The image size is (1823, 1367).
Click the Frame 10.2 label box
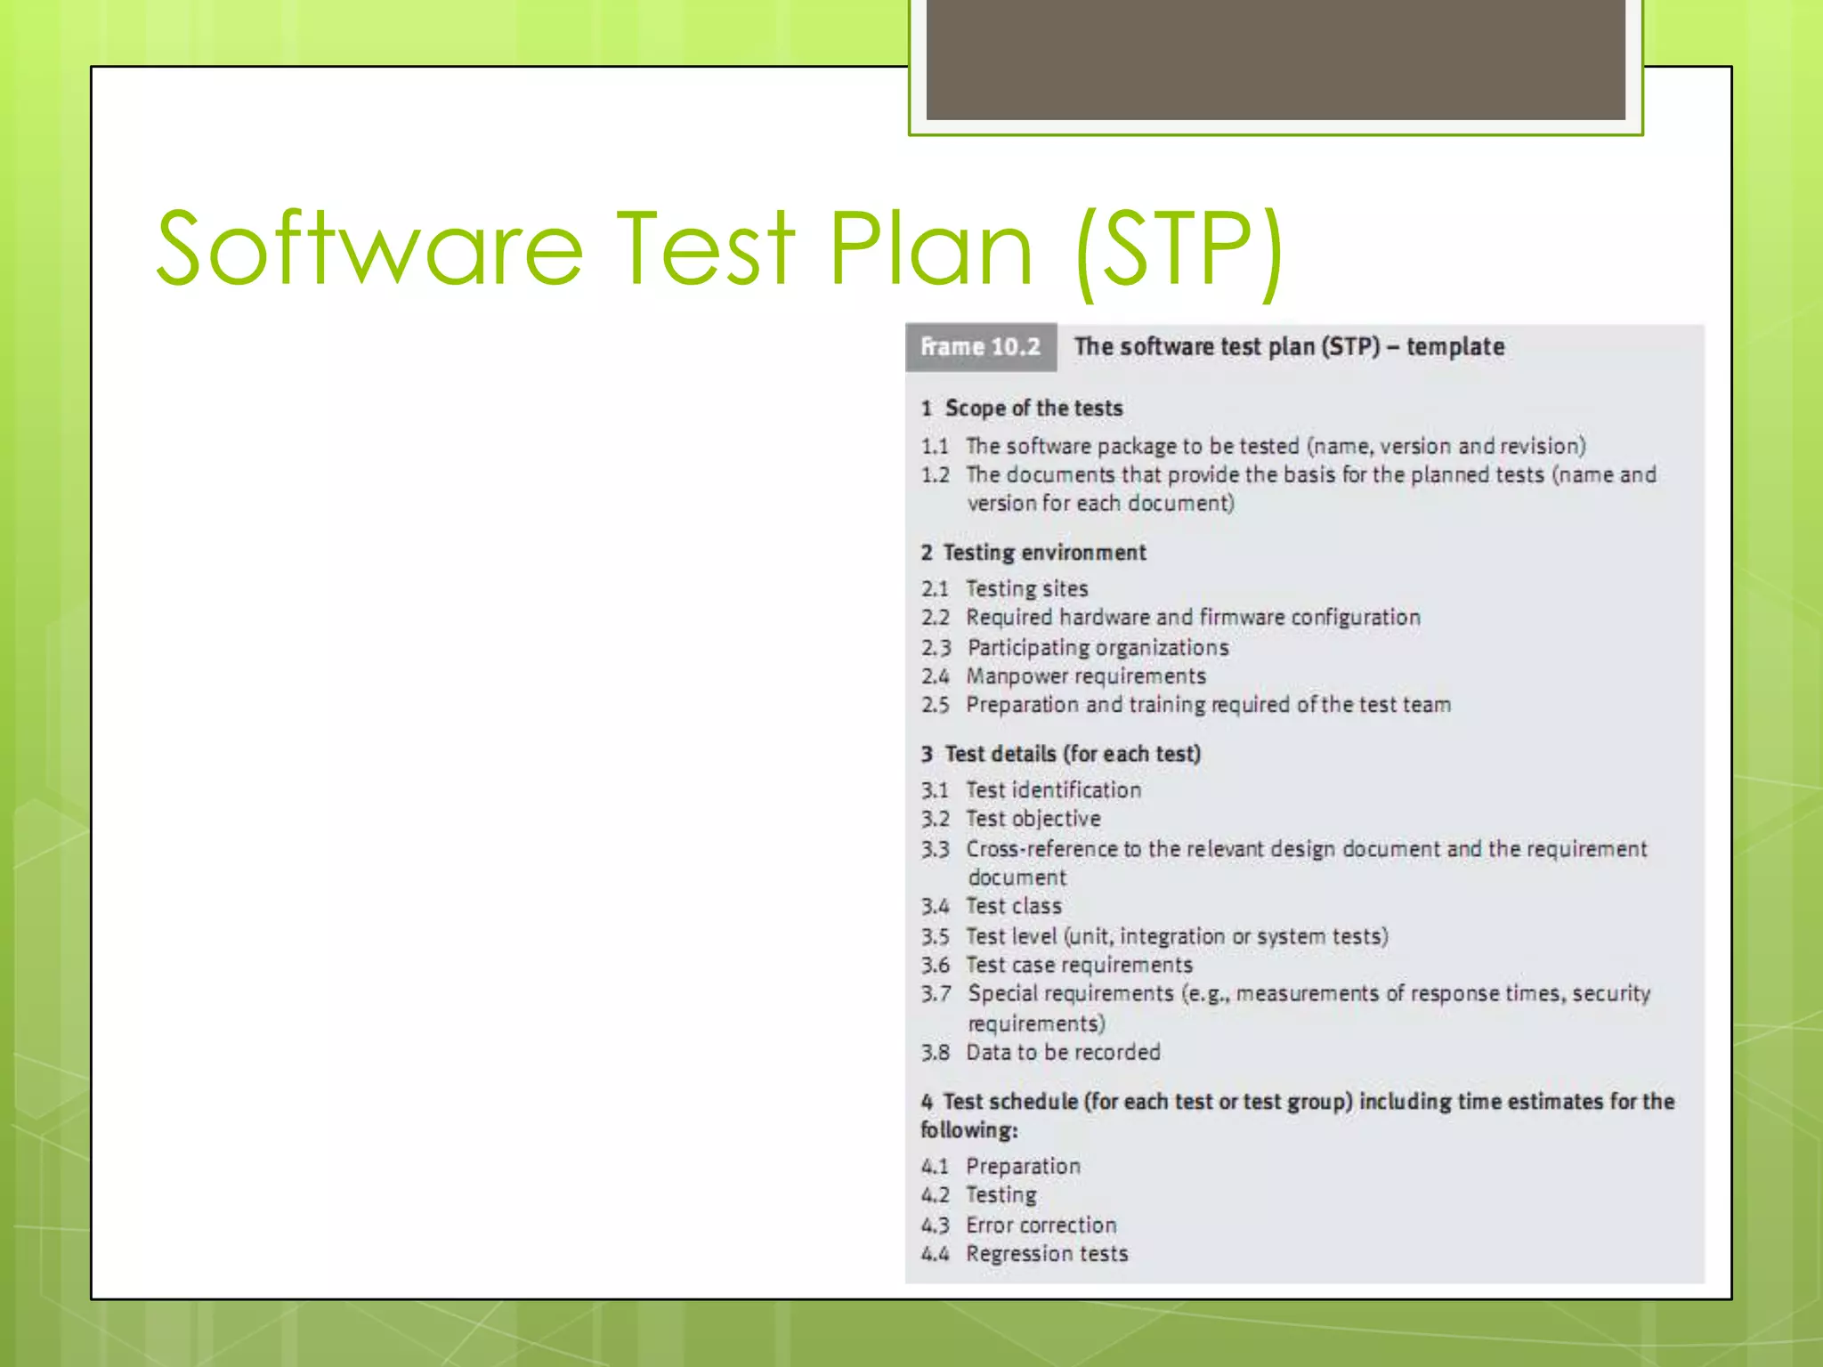pos(980,347)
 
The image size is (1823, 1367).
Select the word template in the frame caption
pos(1455,347)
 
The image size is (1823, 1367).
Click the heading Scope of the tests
pos(1033,408)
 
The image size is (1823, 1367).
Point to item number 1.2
pos(935,475)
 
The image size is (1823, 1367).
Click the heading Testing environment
pos(1044,553)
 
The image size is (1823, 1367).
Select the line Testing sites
pos(1026,589)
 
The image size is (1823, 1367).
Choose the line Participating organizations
pos(1098,648)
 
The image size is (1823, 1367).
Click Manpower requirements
pos(1086,676)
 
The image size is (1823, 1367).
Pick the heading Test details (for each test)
pos(1072,755)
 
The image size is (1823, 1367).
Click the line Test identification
pos(1053,790)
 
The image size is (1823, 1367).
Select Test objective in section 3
pos(1033,819)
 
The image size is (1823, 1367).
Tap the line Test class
pos(1014,907)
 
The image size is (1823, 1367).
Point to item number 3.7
pos(936,994)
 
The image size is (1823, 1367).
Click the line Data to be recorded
pos(1063,1053)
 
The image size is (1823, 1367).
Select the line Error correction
pos(1041,1225)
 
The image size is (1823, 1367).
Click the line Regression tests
pos(1047,1254)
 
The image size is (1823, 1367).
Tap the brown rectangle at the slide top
pos(1275,59)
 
